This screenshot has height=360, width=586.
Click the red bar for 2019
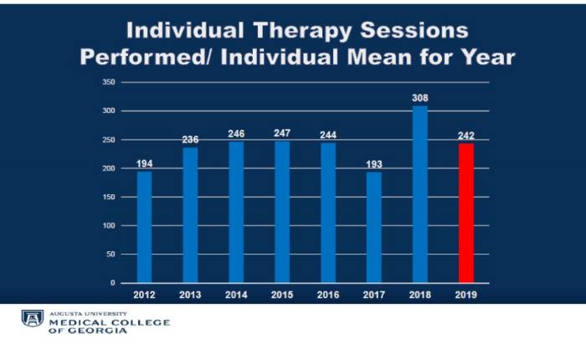coord(465,213)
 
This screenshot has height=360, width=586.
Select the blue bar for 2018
coord(419,194)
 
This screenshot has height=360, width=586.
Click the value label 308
coord(419,98)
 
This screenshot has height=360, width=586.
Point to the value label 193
coord(374,164)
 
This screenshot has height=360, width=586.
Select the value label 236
coord(191,140)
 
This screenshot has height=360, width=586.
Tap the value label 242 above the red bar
coord(466,136)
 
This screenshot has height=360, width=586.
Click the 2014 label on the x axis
coord(236,295)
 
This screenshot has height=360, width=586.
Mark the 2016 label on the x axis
coord(328,295)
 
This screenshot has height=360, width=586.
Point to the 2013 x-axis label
coord(191,295)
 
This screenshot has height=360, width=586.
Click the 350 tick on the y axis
coord(109,82)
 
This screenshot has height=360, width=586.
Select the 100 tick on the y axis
coord(109,225)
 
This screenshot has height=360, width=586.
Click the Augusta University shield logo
coord(32,319)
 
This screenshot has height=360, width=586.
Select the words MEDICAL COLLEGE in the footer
coord(110,322)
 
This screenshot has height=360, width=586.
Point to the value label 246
coord(236,134)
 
